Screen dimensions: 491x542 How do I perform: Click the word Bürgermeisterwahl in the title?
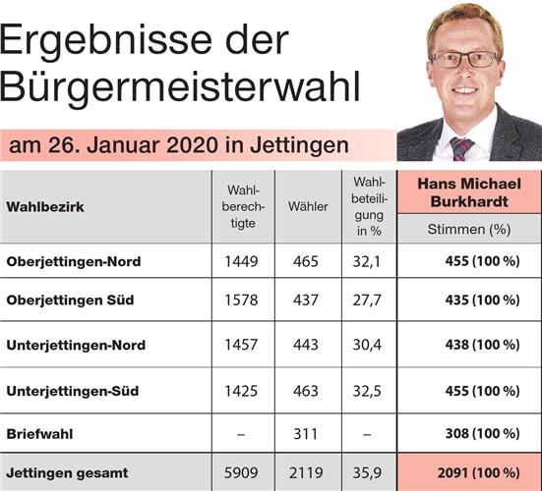pos(180,86)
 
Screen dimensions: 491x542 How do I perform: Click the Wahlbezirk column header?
pos(45,208)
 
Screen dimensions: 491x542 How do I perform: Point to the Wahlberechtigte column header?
pos(242,206)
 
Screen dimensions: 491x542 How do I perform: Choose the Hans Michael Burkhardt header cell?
pos(468,192)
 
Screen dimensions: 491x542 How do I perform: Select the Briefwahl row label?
pos(38,432)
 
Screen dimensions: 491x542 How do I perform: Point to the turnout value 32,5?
pos(367,390)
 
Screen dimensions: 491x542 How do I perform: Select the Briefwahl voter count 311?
pos(305,432)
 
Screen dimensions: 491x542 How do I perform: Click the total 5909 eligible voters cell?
pos(242,473)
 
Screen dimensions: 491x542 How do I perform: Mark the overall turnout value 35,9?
pos(367,473)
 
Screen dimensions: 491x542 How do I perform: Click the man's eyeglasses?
pos(464,59)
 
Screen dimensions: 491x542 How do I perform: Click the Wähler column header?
pos(308,208)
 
